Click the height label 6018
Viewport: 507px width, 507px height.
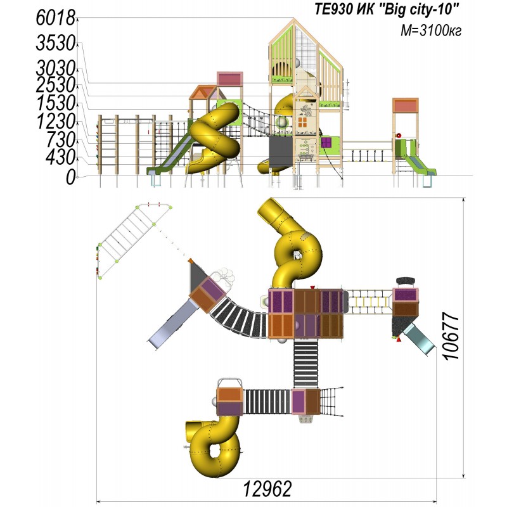coord(55,18)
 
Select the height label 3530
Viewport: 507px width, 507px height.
coord(55,43)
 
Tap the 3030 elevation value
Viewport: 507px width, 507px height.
coord(55,69)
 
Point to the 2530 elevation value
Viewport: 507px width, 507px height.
coord(55,86)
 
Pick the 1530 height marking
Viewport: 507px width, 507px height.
coord(55,104)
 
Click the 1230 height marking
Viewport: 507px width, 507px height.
coord(55,122)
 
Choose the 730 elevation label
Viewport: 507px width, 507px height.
coord(60,140)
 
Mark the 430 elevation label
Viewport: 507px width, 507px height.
coord(60,158)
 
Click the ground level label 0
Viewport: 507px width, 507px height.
coord(71,177)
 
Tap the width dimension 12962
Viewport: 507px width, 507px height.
coord(267,489)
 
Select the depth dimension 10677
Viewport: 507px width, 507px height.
coord(451,336)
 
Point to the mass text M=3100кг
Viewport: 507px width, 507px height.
coord(431,30)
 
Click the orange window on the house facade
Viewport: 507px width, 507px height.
coord(303,122)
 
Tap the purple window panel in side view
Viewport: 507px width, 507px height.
coord(326,142)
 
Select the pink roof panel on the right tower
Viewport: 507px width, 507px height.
coord(406,106)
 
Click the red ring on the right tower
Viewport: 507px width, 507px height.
coord(399,135)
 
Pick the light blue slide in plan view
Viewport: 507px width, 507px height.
coord(419,340)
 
